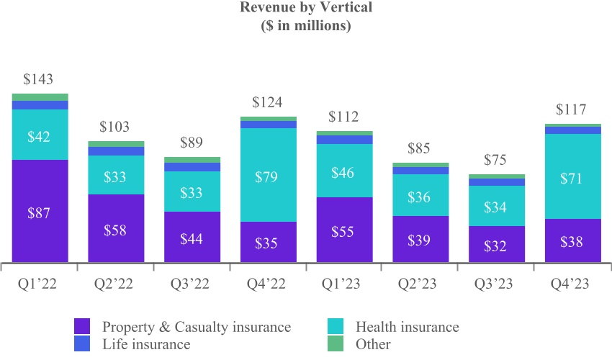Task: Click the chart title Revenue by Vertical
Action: point(306,9)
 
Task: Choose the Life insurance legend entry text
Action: point(146,344)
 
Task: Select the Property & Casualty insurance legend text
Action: point(197,328)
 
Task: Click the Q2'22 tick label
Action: point(116,284)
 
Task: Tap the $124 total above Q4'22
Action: point(268,103)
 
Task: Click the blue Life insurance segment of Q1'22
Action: point(40,105)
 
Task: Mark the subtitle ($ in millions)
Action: point(306,27)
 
